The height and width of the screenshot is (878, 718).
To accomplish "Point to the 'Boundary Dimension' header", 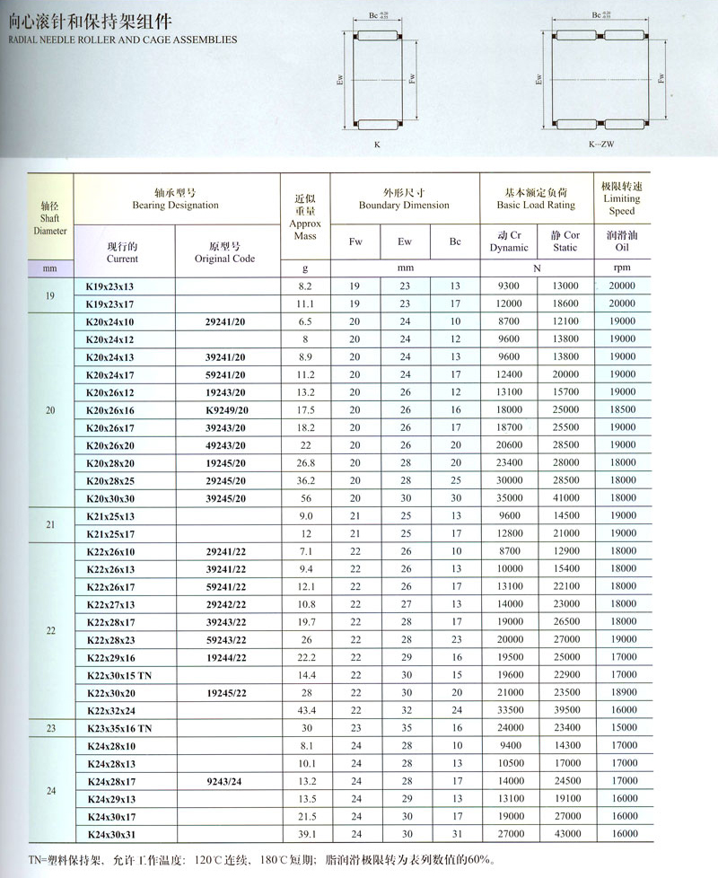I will (404, 198).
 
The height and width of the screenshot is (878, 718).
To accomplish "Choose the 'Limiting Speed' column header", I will (621, 198).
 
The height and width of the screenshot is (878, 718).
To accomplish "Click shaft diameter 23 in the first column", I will (50, 728).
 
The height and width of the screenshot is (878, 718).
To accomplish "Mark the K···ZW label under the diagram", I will (598, 143).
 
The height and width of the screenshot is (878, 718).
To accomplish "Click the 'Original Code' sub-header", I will (225, 252).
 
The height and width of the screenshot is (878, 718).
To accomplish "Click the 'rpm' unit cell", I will (621, 268).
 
